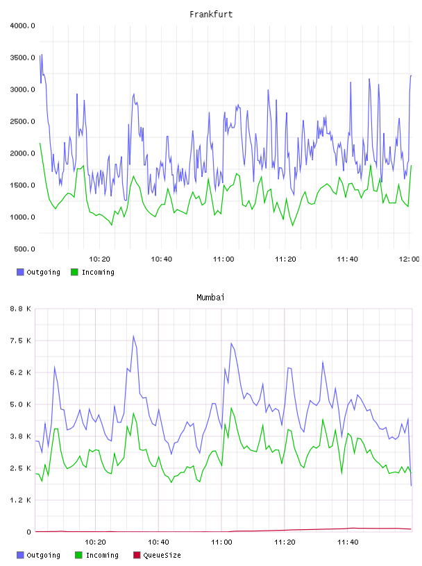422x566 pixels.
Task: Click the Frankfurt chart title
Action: [211, 15]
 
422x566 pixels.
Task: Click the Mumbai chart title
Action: [210, 298]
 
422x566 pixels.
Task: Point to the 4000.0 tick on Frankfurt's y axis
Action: [22, 26]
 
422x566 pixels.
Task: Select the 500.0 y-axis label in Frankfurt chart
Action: [24, 249]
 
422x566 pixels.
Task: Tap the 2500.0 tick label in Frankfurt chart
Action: [22, 121]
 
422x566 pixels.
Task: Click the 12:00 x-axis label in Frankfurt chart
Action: [409, 259]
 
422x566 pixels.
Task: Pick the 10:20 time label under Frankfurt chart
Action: [99, 259]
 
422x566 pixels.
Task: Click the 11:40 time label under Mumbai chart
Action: [348, 542]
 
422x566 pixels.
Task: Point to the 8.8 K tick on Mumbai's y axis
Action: [21, 309]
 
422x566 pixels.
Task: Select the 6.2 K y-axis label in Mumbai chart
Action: [21, 372]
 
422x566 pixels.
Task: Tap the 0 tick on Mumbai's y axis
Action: [28, 532]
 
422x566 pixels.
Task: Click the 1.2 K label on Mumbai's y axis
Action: [21, 500]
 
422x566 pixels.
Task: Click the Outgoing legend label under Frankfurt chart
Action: [43, 272]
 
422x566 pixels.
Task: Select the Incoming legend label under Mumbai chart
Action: [102, 555]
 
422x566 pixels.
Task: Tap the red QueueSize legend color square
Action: [137, 555]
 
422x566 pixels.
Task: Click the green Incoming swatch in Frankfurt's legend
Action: [74, 272]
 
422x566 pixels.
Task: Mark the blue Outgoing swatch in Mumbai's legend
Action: [20, 555]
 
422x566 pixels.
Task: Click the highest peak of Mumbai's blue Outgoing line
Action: [133, 336]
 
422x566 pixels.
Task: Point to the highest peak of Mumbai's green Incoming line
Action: [231, 409]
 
